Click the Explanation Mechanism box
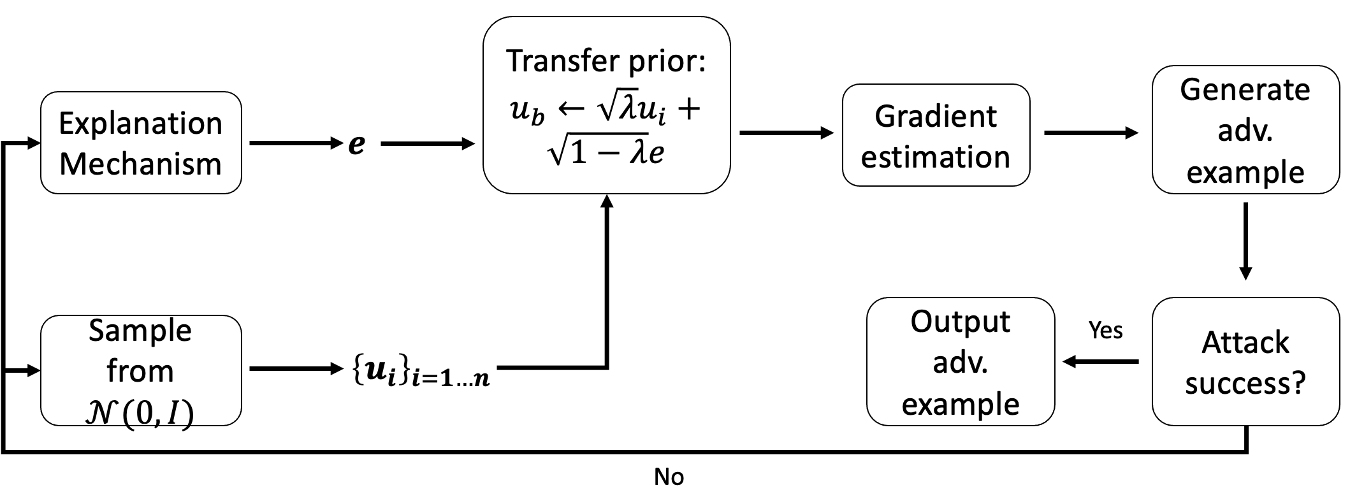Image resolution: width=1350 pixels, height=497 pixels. [x=141, y=143]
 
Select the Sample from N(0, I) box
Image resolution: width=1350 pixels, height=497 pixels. [x=141, y=370]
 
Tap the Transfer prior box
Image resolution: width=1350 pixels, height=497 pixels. [x=606, y=106]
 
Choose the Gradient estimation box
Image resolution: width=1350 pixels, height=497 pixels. [x=936, y=135]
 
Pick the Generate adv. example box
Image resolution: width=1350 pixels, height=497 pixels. [x=1245, y=130]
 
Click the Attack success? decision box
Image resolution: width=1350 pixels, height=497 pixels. [x=1245, y=361]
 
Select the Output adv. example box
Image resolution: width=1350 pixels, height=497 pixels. [x=961, y=361]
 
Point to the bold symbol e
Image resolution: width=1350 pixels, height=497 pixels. [x=357, y=145]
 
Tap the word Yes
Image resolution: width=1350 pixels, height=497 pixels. [x=1106, y=330]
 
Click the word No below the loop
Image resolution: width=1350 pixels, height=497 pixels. [x=669, y=477]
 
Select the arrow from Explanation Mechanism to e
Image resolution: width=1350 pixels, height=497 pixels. [x=296, y=143]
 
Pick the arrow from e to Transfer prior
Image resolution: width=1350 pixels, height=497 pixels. [x=428, y=144]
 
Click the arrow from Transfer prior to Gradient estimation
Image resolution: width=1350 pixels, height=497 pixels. [x=787, y=133]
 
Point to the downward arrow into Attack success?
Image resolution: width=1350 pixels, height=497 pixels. [x=1245, y=242]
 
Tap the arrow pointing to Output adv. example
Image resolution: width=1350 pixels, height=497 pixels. [x=1100, y=362]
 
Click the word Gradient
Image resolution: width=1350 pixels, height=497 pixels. [x=936, y=116]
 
